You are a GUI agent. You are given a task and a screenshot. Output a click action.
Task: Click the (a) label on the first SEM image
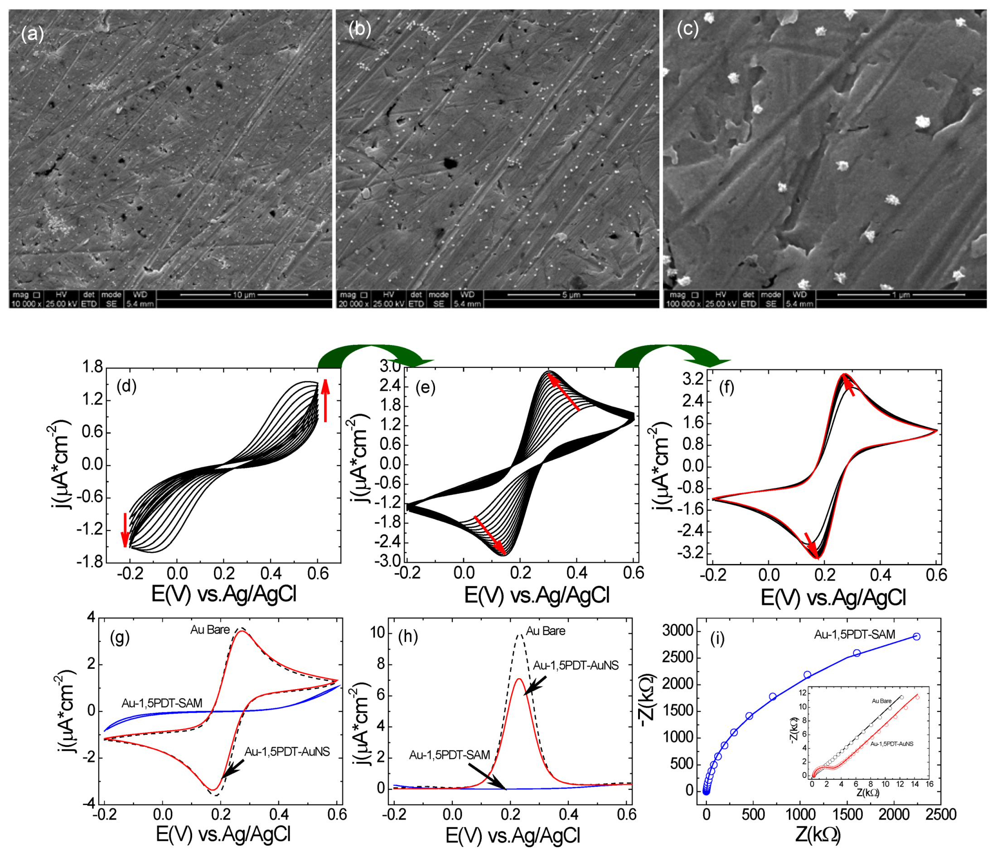click(x=32, y=34)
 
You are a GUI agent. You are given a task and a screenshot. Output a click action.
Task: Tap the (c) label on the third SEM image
click(x=687, y=29)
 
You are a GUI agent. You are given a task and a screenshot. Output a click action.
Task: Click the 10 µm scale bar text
click(x=243, y=294)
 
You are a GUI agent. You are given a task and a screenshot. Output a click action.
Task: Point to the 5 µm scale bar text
click(x=571, y=294)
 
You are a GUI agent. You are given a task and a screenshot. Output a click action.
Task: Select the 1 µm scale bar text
click(x=900, y=294)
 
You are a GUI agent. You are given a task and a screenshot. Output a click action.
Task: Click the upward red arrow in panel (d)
click(x=326, y=400)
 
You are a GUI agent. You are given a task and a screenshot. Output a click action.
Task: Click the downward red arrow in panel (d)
click(x=126, y=529)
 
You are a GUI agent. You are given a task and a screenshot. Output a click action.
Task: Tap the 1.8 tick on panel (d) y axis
click(x=92, y=367)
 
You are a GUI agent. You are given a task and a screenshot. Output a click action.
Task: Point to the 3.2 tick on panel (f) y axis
click(x=692, y=380)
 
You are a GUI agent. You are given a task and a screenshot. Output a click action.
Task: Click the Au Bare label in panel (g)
click(x=210, y=630)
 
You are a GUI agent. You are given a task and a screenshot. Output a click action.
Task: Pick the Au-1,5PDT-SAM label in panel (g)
click(x=162, y=703)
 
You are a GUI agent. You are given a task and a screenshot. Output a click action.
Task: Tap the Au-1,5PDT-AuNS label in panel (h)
click(x=576, y=666)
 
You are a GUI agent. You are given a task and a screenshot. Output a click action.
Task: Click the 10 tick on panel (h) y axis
click(x=378, y=632)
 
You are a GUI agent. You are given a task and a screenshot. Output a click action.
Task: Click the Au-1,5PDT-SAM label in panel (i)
click(x=855, y=635)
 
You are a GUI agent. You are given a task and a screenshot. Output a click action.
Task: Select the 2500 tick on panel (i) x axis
click(x=940, y=815)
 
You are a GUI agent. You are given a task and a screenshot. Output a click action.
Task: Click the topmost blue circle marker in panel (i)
click(x=916, y=637)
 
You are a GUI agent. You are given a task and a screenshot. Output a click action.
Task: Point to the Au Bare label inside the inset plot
click(x=881, y=701)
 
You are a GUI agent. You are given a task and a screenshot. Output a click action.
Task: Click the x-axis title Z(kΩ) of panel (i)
click(x=818, y=835)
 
